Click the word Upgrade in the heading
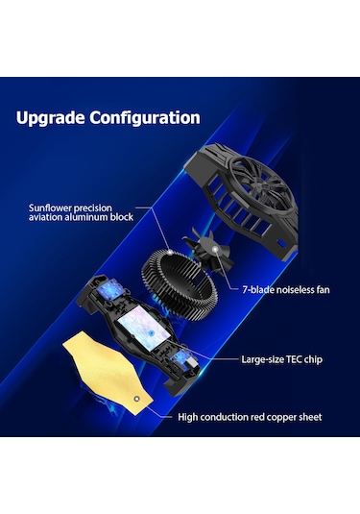[50, 118]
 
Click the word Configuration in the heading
[145, 118]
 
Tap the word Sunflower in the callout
[50, 208]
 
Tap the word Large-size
[262, 360]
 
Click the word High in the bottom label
[188, 417]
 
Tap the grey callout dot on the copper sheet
[137, 399]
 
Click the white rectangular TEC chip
[144, 328]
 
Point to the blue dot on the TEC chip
[152, 333]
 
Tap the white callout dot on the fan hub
[215, 250]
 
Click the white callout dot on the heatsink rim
[169, 252]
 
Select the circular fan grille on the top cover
[262, 185]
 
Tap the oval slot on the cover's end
[281, 244]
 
